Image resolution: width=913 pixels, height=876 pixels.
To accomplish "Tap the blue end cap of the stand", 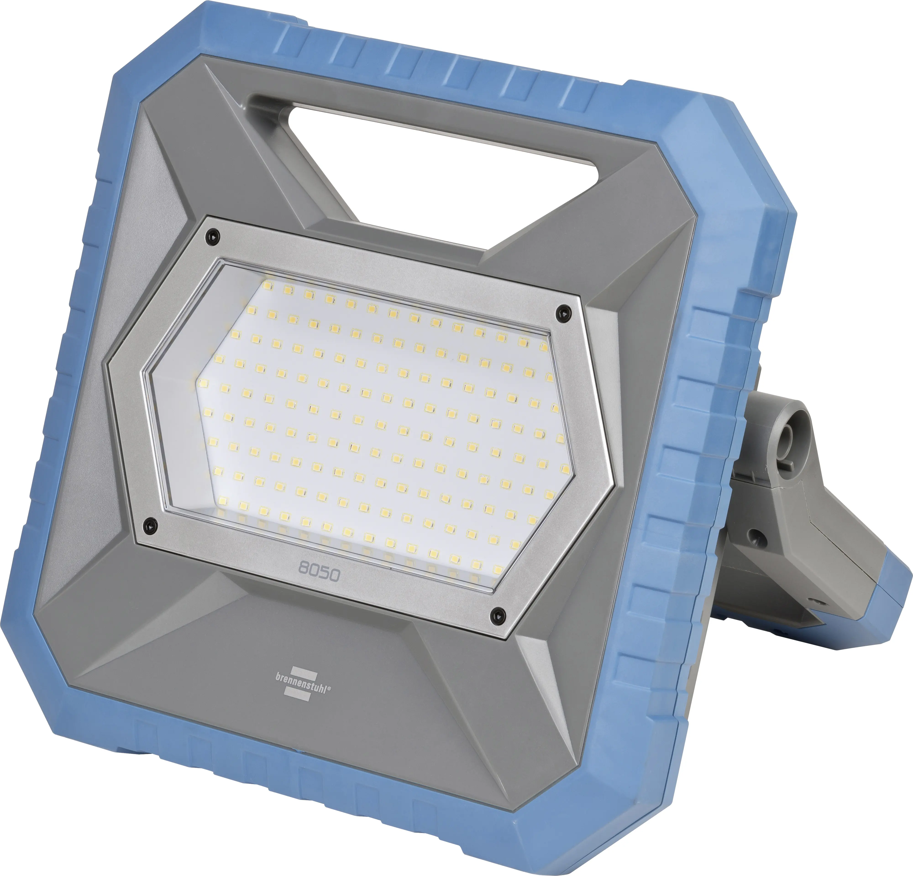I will click(892, 600).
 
